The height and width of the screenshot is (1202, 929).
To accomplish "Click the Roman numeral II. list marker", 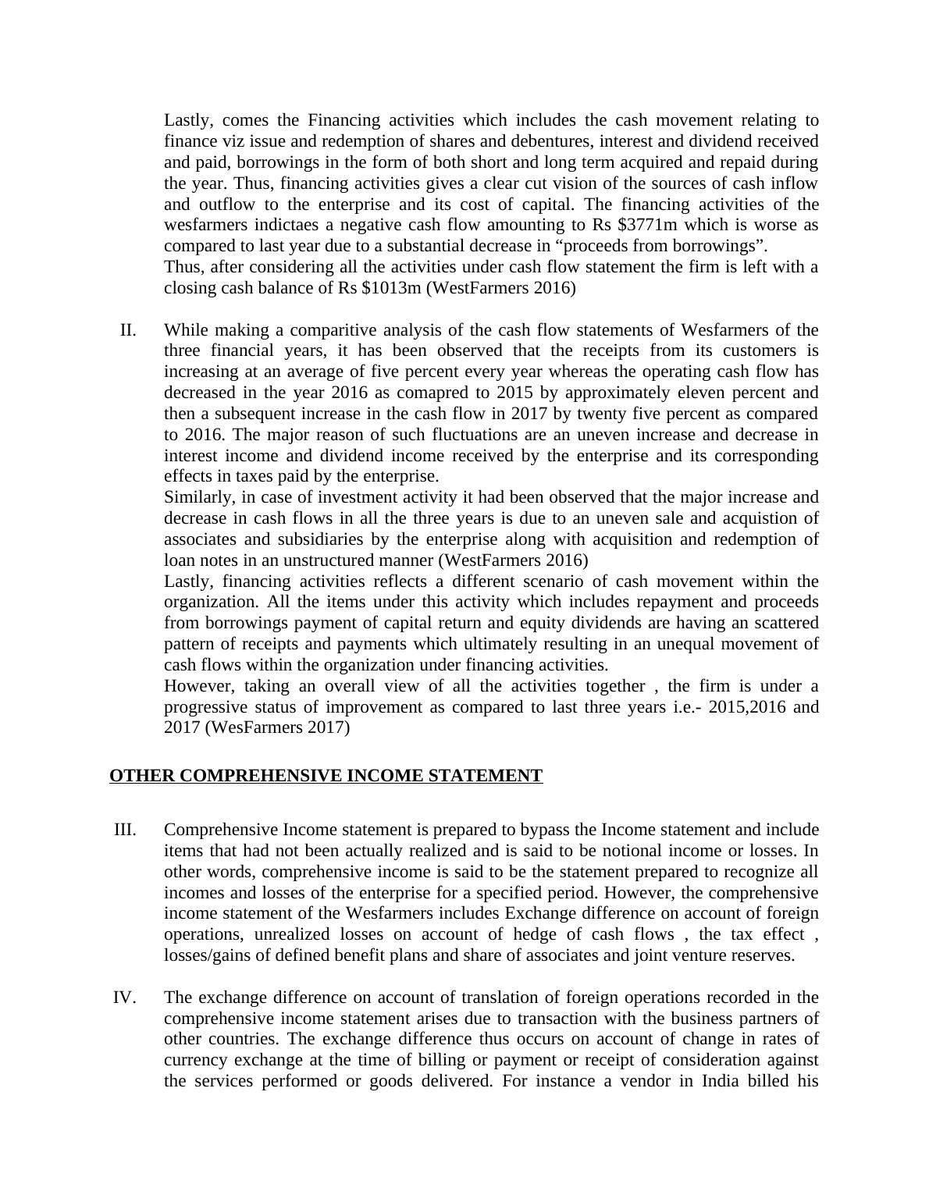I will (x=128, y=330).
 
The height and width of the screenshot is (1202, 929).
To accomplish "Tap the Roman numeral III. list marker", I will (x=125, y=830).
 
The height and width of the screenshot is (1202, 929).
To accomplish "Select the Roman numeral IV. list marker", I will (x=125, y=998).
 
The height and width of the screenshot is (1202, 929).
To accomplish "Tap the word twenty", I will (x=617, y=414).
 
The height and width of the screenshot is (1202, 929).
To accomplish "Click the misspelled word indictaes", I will (x=282, y=226).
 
